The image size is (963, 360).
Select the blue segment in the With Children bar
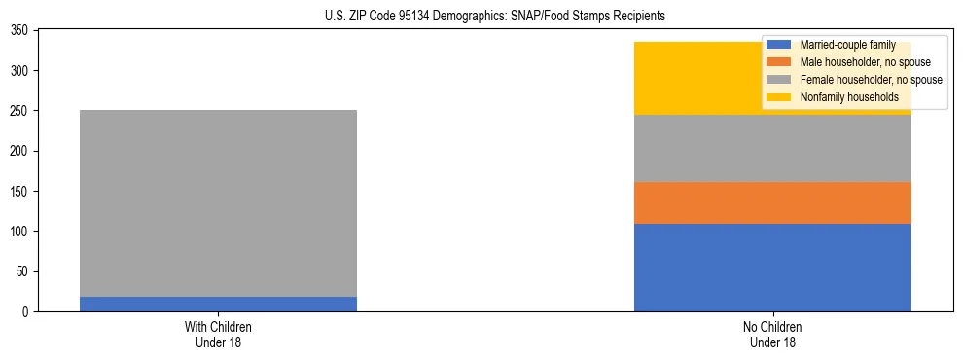pyautogui.click(x=218, y=304)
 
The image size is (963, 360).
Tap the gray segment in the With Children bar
pyautogui.click(x=218, y=202)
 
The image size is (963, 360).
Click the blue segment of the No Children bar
pyautogui.click(x=772, y=268)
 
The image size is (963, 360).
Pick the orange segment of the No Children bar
pyautogui.click(x=772, y=202)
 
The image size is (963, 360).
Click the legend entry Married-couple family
pyautogui.click(x=843, y=45)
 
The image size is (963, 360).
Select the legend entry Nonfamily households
pyautogui.click(x=842, y=97)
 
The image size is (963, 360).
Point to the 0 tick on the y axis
pyautogui.click(x=28, y=311)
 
